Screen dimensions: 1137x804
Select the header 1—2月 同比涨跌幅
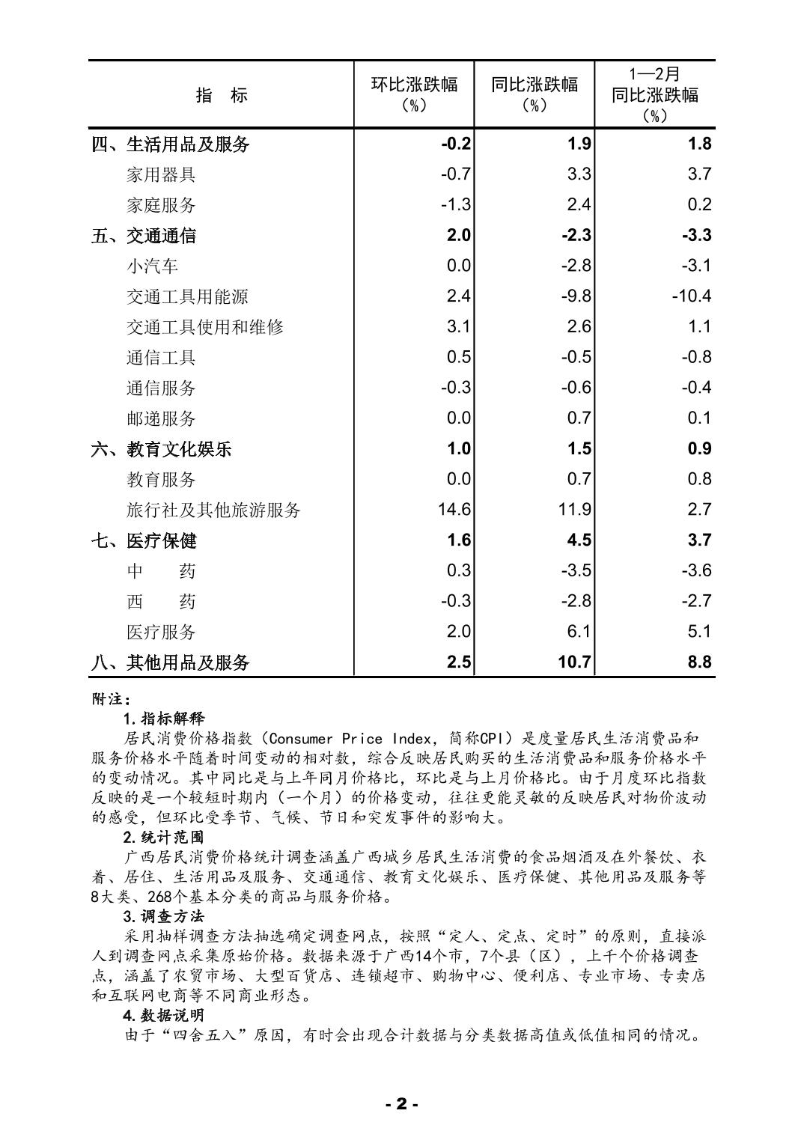coord(654,94)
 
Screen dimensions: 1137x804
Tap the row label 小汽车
coord(152,266)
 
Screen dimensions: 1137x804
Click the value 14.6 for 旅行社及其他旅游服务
coord(454,510)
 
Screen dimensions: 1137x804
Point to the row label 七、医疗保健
coord(144,541)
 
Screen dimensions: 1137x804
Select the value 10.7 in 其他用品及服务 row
coord(574,662)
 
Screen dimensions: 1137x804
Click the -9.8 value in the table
coord(576,296)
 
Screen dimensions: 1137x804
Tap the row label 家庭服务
coord(161,205)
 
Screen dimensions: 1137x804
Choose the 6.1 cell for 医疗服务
coord(579,632)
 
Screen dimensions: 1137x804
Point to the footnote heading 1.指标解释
coord(163,719)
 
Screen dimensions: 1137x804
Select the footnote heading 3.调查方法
coord(163,916)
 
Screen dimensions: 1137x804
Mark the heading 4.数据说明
coord(163,1016)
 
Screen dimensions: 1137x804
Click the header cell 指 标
coord(222,95)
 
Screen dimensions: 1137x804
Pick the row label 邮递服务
coord(161,419)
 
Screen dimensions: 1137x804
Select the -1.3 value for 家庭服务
coord(455,205)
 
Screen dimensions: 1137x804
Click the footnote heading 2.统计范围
coord(163,837)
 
